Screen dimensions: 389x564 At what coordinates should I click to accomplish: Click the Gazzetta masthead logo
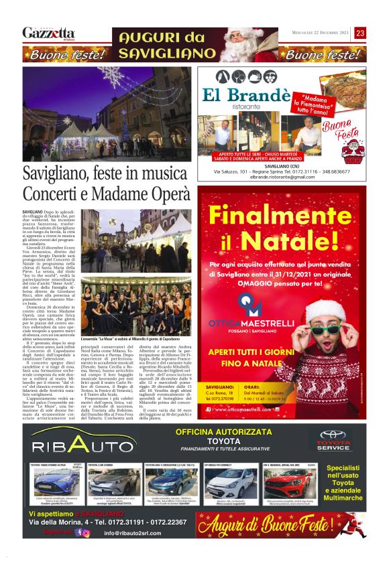(49, 33)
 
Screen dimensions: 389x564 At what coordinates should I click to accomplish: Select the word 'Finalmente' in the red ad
(284, 216)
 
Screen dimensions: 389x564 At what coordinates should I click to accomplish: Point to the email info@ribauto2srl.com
(137, 533)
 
